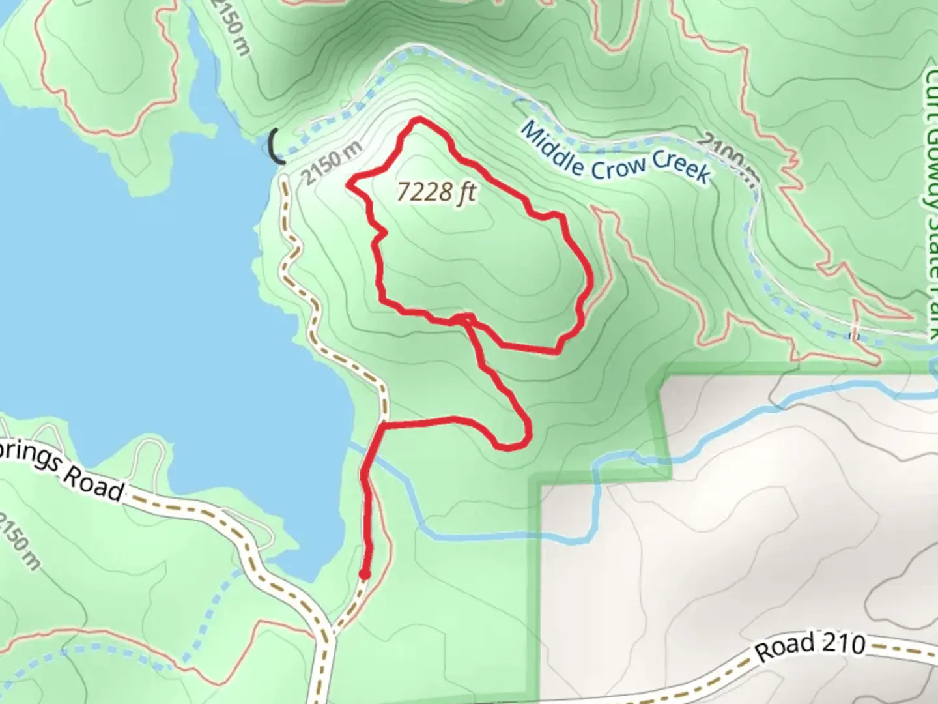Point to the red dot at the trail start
coord(364,574)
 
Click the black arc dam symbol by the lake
coord(275,145)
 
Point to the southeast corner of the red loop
coord(558,351)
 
